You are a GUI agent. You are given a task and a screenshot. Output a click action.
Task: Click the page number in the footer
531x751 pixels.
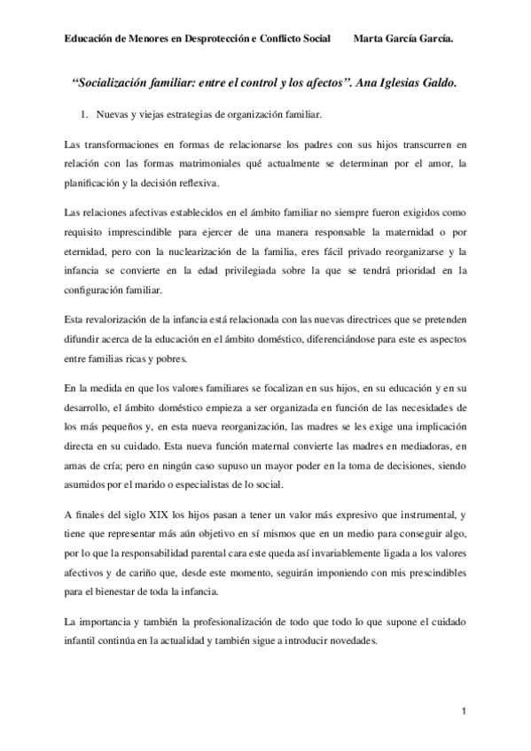point(463,712)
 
